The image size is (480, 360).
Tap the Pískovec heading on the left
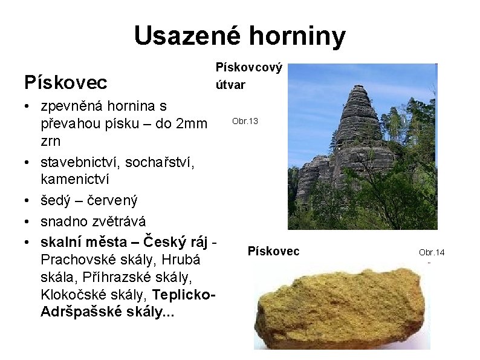coord(65,81)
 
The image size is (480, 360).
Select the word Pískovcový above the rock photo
coord(250,68)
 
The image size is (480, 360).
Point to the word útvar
coord(231,85)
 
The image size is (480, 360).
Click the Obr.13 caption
coord(245,122)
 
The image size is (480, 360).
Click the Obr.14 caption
coord(432,252)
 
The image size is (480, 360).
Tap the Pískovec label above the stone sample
coord(273,251)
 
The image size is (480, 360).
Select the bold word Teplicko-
coord(184,295)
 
